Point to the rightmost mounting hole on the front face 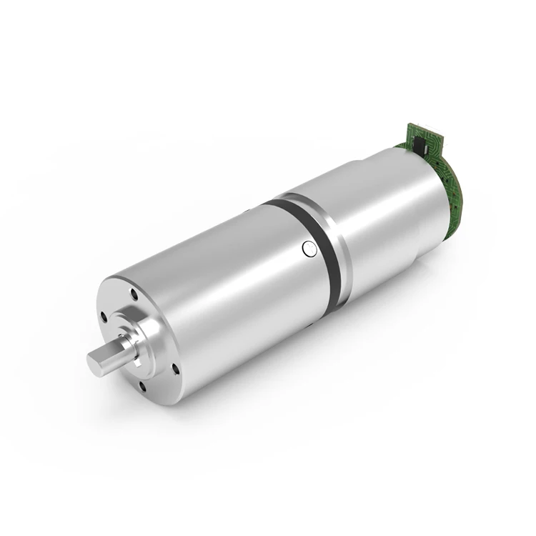point(173,367)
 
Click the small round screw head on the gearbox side point(309,249)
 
